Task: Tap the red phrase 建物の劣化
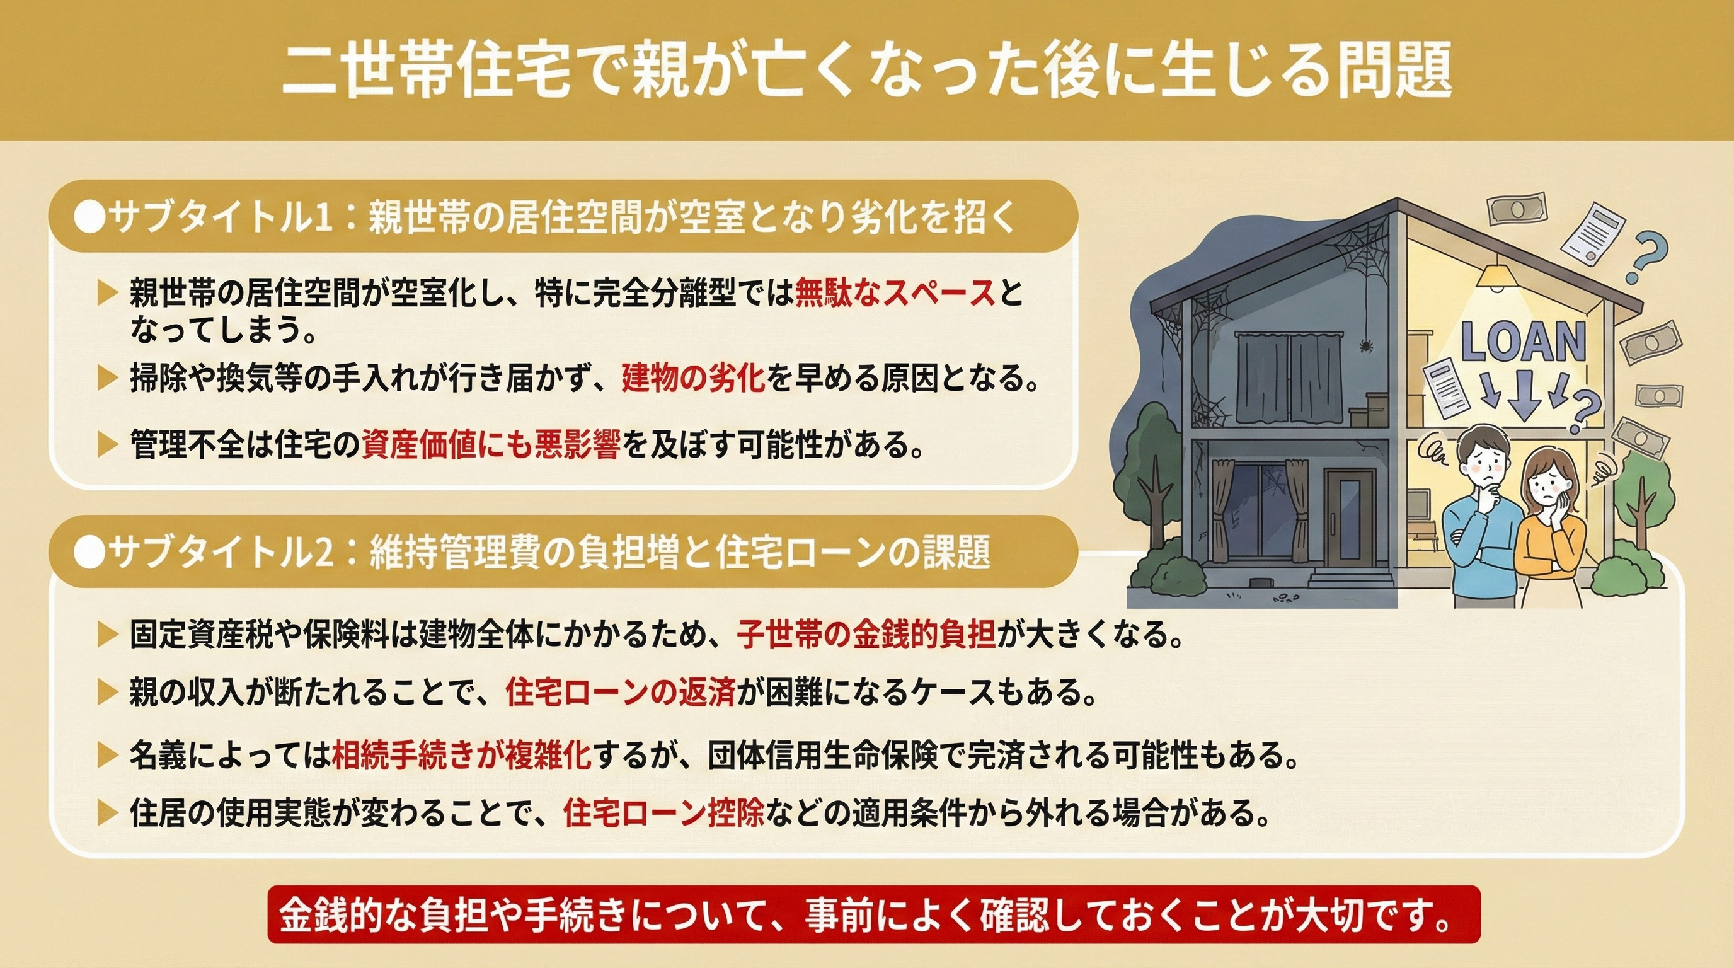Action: click(693, 379)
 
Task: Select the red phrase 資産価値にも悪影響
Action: click(490, 445)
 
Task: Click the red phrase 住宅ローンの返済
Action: click(619, 693)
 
